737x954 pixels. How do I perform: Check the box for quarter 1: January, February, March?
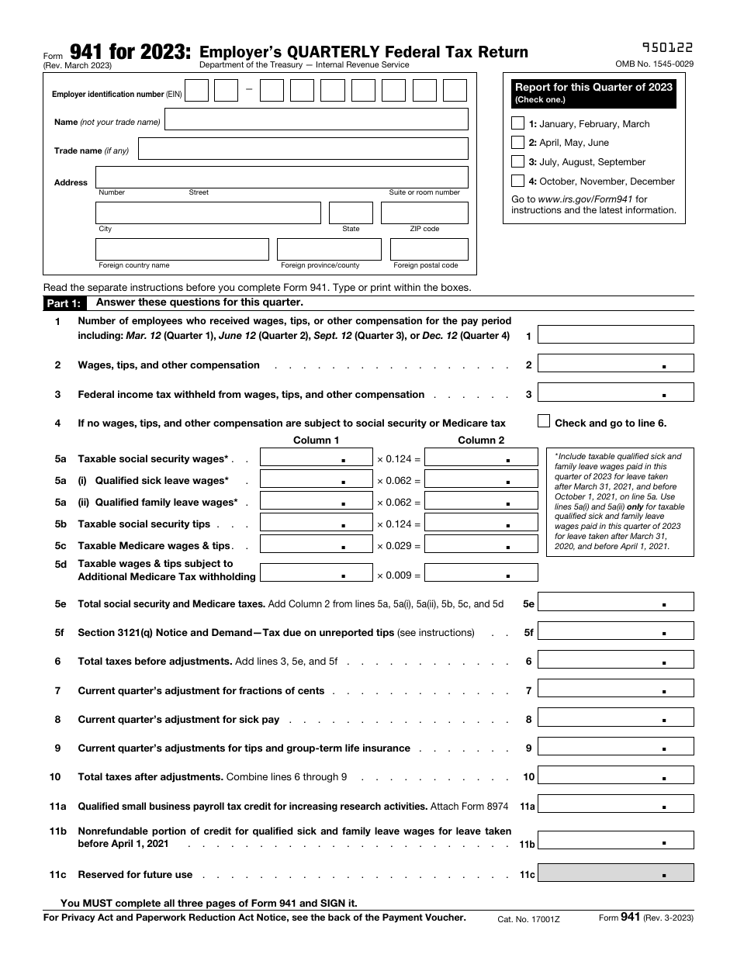pos(518,123)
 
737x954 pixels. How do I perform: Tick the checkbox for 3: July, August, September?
pos(518,161)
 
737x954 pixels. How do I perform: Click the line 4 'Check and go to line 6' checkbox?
pos(544,421)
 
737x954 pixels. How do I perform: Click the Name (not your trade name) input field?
pos(317,119)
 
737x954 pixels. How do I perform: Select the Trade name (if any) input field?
pos(303,149)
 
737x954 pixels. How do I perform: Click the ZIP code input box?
pos(424,213)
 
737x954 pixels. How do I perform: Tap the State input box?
pos(351,213)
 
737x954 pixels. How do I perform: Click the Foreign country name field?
pos(182,249)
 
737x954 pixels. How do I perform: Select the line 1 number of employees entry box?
pos(615,335)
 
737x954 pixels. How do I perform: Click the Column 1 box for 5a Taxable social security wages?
pos(316,458)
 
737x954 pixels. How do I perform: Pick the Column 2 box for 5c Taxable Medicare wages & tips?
pos(481,544)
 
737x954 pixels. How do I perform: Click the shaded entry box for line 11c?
pos(615,873)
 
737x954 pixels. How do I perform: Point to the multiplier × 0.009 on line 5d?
pos(399,576)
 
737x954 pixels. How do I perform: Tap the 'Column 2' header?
pos(481,440)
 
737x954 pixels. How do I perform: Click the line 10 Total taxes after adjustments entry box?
pos(615,776)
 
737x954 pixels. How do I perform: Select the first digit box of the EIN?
pos(197,92)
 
